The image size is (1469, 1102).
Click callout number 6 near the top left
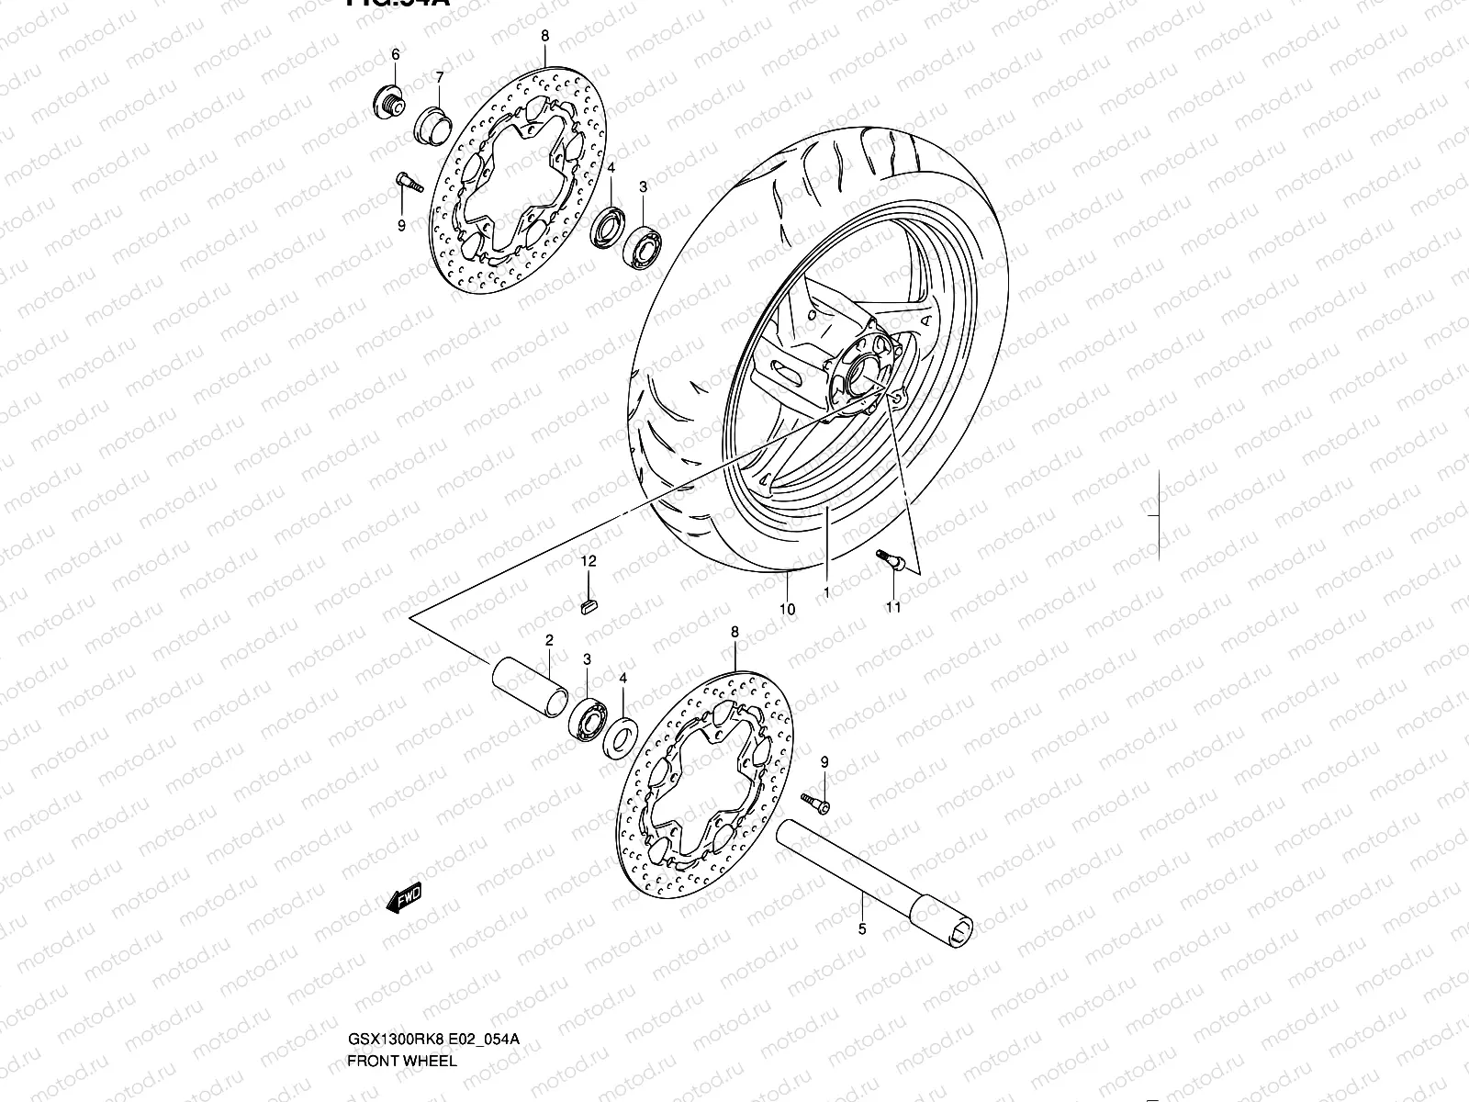coord(396,55)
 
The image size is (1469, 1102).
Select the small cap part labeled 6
coord(387,102)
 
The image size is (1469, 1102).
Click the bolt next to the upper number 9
coord(407,183)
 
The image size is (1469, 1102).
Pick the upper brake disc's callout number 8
coord(544,36)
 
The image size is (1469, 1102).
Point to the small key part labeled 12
coord(589,602)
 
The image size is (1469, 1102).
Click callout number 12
coord(589,560)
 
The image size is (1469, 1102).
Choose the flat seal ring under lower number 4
coord(621,736)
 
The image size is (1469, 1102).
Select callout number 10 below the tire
coord(787,609)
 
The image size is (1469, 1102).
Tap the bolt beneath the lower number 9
coord(814,804)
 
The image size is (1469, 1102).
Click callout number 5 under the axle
coord(861,929)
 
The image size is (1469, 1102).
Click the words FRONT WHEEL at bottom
coord(401,983)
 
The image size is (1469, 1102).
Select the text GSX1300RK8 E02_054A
coord(433,961)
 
